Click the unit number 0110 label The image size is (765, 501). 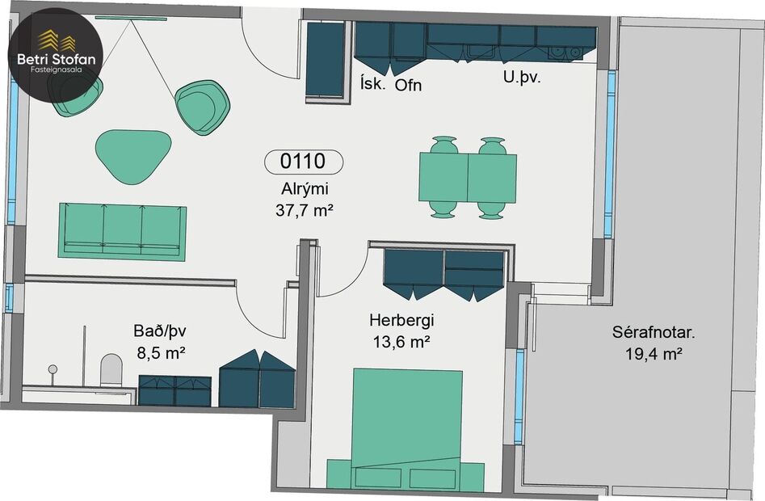303,162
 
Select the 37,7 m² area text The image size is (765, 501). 305,211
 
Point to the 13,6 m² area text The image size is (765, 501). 396,343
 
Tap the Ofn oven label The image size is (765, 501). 408,84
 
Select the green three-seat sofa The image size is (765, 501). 122,230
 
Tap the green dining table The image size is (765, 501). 468,178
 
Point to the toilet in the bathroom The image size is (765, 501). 111,371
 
